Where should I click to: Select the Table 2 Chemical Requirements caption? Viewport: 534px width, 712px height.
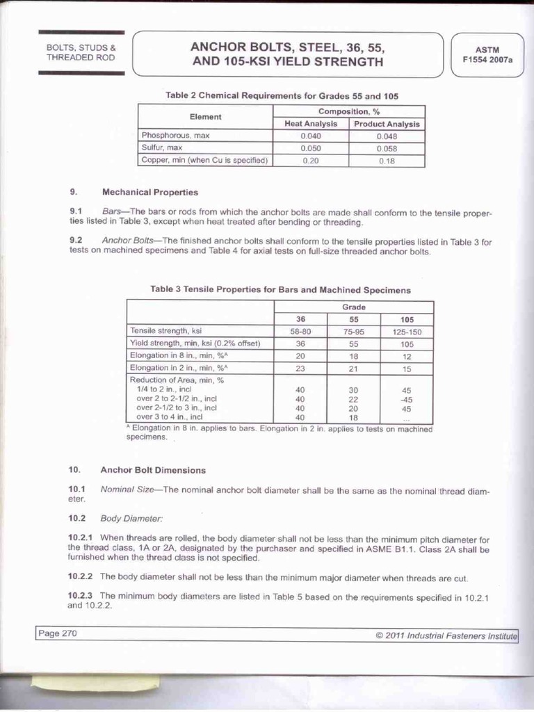pos(281,95)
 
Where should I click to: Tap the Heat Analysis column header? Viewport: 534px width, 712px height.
pos(311,124)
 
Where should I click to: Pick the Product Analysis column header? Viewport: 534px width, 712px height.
pos(387,124)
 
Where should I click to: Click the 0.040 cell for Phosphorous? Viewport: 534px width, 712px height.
pos(311,136)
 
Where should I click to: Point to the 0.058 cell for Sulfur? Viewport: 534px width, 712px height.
pos(387,148)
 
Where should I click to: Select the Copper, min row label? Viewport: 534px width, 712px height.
pos(205,160)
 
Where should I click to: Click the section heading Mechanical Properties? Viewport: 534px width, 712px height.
pos(149,192)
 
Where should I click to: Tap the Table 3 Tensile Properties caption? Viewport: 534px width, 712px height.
pos(280,289)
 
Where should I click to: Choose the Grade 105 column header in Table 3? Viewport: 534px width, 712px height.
pos(407,319)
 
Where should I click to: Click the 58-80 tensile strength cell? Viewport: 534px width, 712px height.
pos(300,332)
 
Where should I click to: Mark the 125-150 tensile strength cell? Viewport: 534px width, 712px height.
pos(407,332)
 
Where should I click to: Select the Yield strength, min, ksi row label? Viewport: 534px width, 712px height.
pos(195,343)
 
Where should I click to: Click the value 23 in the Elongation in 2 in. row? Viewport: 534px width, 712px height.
pos(300,368)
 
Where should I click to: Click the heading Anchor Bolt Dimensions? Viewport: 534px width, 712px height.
pos(153,470)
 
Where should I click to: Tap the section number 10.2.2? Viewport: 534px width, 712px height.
pos(81,576)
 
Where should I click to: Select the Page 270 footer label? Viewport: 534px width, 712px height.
pos(58,633)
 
